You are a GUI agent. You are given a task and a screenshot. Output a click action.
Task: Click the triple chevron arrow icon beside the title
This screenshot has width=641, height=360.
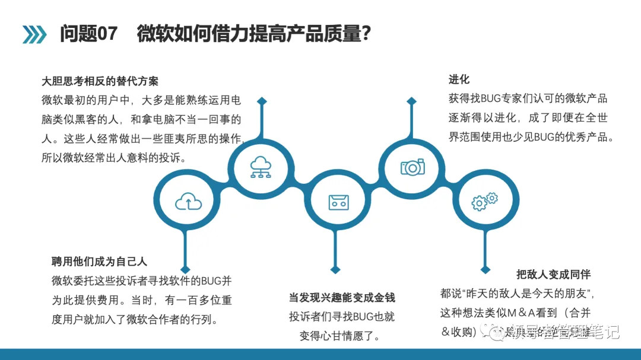point(34,34)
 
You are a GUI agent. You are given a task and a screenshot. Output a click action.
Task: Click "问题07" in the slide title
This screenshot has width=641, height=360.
point(88,33)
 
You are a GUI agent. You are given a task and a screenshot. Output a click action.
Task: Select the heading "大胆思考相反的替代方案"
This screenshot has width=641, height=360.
point(100,81)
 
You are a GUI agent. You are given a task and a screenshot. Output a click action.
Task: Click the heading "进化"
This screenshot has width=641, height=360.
point(459,79)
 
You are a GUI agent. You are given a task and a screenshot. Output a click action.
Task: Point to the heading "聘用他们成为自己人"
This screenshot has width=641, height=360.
point(99,261)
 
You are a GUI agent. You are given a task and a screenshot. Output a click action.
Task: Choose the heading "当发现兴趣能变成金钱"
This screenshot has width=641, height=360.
point(342,298)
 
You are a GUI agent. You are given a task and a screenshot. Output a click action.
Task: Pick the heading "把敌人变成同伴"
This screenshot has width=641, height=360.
point(553,274)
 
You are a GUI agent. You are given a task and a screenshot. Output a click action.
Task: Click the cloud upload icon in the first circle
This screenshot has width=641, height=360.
point(188,203)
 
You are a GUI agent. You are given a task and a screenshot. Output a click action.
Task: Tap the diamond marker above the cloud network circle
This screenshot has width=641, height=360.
point(261,101)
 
